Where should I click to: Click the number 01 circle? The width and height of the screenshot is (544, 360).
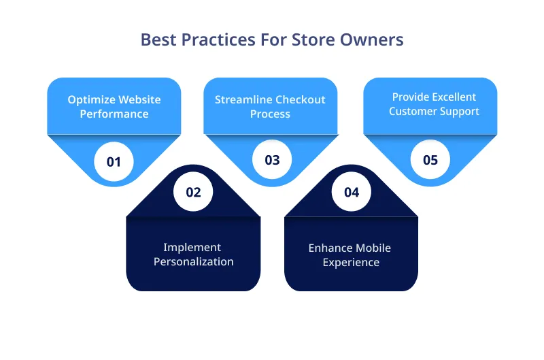(114, 162)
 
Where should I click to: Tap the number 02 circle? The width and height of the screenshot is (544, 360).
(193, 192)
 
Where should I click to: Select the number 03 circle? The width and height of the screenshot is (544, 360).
(272, 160)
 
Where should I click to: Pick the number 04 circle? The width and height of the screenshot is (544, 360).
(351, 192)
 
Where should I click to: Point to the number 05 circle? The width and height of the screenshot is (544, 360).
(430, 160)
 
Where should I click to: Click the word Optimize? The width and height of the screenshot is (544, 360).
(90, 100)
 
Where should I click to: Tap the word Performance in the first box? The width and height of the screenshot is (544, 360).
(114, 114)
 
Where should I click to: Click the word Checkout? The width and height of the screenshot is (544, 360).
(300, 100)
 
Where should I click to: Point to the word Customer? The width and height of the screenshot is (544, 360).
(412, 112)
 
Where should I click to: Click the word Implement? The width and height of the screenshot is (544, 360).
(192, 248)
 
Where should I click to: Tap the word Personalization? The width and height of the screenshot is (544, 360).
(193, 262)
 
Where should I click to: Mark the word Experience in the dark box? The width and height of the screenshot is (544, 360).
(351, 262)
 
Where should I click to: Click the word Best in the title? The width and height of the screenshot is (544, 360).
(156, 39)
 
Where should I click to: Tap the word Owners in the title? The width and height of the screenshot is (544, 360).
(373, 39)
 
